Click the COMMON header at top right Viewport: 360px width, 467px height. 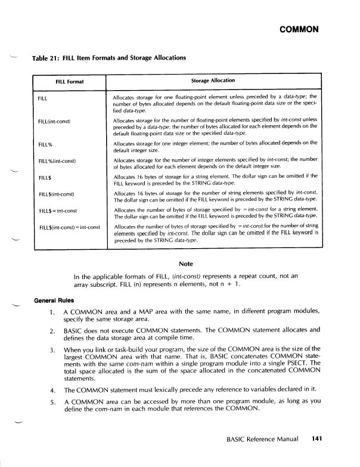click(x=302, y=29)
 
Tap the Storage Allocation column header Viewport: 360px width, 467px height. click(x=213, y=80)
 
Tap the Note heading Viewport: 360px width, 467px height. click(x=185, y=265)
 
